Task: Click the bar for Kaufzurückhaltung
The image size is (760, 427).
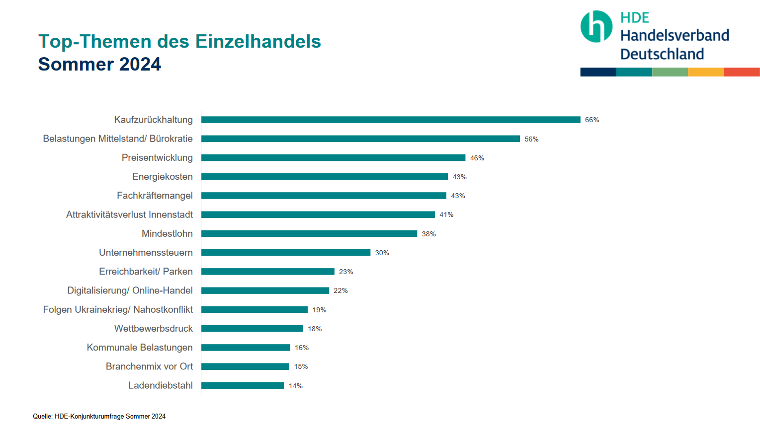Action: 391,120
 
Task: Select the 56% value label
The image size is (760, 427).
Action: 531,139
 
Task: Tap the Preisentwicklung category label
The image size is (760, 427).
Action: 157,158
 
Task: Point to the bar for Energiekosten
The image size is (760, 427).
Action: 324,177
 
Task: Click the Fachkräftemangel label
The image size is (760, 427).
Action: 155,196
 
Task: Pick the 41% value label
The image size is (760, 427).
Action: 446,215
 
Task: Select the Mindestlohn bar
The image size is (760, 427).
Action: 309,234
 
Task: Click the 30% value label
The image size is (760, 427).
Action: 382,253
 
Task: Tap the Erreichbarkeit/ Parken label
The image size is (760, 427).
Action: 146,272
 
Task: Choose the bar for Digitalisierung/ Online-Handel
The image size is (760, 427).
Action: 265,290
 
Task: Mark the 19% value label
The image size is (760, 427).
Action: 319,310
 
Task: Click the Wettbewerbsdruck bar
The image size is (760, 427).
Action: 252,329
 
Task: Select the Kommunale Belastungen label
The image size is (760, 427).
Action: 140,348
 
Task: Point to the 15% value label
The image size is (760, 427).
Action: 301,366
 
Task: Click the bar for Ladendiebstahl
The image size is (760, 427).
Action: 243,386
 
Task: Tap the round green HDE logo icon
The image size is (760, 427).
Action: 596,26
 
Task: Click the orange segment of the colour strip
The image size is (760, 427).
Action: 706,72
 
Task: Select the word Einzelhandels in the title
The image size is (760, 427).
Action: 258,42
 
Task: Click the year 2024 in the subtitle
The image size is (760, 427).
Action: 140,65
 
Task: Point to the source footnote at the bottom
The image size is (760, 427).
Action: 99,416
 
